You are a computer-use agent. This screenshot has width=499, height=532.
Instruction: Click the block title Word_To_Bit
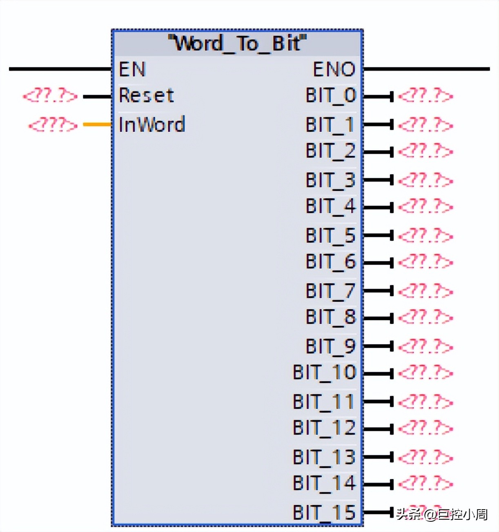pyautogui.click(x=237, y=43)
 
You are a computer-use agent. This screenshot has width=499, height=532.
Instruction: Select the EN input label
pyautogui.click(x=132, y=69)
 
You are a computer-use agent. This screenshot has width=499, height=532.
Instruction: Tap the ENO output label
pyautogui.click(x=334, y=69)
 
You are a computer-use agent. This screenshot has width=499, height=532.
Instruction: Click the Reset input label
pyautogui.click(x=146, y=95)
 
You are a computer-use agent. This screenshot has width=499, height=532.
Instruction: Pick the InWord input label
pyautogui.click(x=151, y=124)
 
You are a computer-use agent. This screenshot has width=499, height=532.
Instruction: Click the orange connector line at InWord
pyautogui.click(x=97, y=124)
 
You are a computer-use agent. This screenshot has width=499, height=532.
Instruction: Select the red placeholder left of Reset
pyautogui.click(x=50, y=96)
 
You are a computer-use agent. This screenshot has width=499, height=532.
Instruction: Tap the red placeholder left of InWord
pyautogui.click(x=52, y=124)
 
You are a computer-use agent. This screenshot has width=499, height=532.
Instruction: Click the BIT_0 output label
pyautogui.click(x=331, y=95)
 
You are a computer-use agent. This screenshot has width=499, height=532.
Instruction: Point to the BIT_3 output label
pyautogui.click(x=331, y=180)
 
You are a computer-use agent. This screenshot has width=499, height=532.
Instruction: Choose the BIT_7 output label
pyautogui.click(x=331, y=291)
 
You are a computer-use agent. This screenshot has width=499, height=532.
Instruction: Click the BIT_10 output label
pyautogui.click(x=325, y=372)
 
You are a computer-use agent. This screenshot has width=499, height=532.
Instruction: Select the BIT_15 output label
pyautogui.click(x=325, y=512)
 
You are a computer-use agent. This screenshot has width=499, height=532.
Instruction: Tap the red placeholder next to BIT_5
pyautogui.click(x=425, y=235)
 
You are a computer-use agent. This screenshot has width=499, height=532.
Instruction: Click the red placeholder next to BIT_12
pyautogui.click(x=425, y=428)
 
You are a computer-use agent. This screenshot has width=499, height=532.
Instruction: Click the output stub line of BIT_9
pyautogui.click(x=378, y=346)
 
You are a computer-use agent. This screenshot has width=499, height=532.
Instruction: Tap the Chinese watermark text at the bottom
pyautogui.click(x=442, y=514)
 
